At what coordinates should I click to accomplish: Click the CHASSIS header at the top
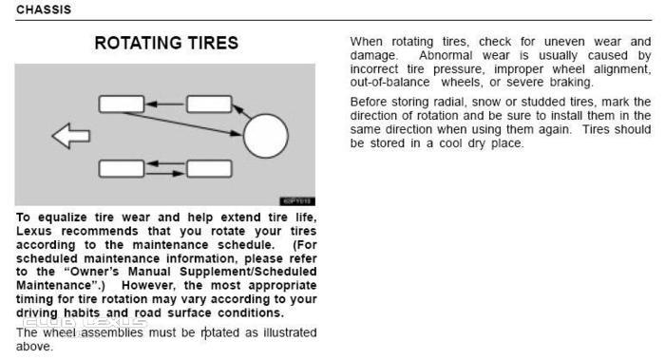point(44,9)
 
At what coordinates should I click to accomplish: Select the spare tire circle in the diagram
point(266,136)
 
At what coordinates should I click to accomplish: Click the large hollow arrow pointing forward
point(71,136)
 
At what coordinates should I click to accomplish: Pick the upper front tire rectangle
point(122,104)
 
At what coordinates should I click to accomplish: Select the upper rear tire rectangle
point(209,104)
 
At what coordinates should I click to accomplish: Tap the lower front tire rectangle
point(122,168)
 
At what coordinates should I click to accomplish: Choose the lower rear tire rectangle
point(209,168)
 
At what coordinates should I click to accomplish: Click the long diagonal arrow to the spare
point(182,124)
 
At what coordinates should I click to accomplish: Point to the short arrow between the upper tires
point(165,104)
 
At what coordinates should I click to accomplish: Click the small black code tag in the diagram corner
point(296,201)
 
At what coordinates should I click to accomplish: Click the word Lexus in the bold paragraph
point(34,231)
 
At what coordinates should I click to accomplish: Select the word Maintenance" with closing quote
point(61,285)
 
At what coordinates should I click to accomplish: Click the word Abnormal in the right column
point(446,55)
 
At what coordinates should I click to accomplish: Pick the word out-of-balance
point(389,83)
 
